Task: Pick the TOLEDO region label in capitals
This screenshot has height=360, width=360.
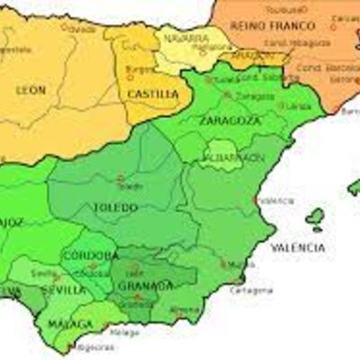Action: [115, 208]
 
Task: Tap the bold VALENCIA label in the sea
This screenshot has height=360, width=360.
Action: [297, 247]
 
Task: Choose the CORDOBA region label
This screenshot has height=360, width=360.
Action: [90, 256]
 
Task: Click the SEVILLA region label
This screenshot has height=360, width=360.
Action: [65, 290]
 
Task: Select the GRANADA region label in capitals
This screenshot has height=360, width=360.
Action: [140, 287]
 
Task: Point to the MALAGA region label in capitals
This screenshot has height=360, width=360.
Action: [70, 324]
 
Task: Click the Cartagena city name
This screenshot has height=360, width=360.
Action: [251, 290]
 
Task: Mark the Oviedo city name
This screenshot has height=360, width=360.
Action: [82, 29]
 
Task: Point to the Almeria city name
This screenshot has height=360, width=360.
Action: [185, 310]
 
